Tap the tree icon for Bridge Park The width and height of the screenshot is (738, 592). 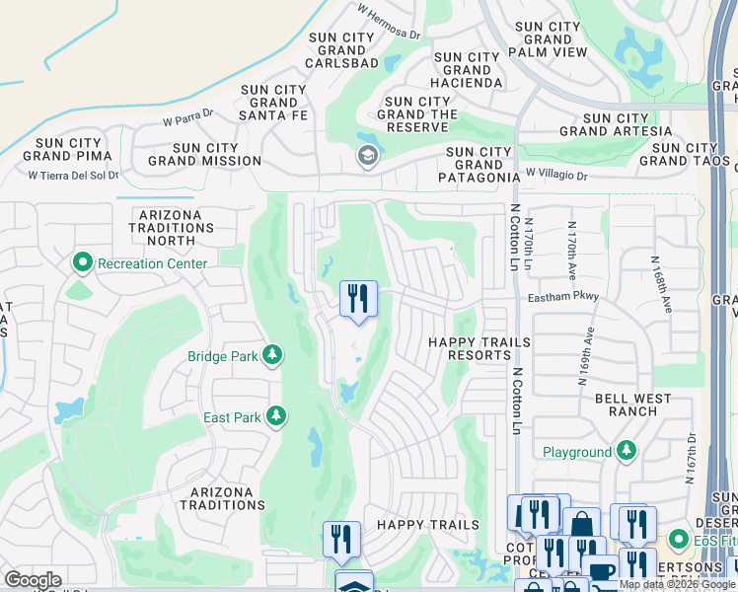[272, 355]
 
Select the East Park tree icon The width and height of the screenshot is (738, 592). [280, 417]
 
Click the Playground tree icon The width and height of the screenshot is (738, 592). [627, 452]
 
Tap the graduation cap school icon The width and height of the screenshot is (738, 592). [367, 156]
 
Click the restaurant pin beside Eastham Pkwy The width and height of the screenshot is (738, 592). [358, 297]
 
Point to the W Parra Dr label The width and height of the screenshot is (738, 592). [188, 118]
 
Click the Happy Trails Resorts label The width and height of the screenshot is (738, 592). [479, 347]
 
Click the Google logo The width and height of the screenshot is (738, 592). [33, 580]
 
